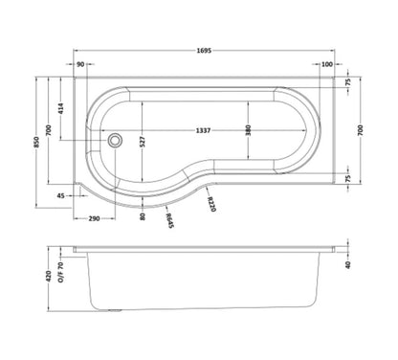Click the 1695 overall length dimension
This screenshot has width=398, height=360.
pos(204,51)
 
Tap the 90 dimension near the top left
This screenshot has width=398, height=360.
pos(80,64)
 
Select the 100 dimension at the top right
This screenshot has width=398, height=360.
pos(327,64)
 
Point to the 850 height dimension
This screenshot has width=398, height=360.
pos(36,142)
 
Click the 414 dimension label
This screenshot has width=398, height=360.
pos(61,108)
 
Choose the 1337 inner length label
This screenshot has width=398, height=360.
pos(203,130)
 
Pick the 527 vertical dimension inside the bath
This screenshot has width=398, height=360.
pos(143,142)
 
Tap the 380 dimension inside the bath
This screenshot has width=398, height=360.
pos(249,130)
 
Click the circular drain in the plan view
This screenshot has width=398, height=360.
pos(115,141)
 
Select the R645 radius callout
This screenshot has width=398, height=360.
pos(169,220)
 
